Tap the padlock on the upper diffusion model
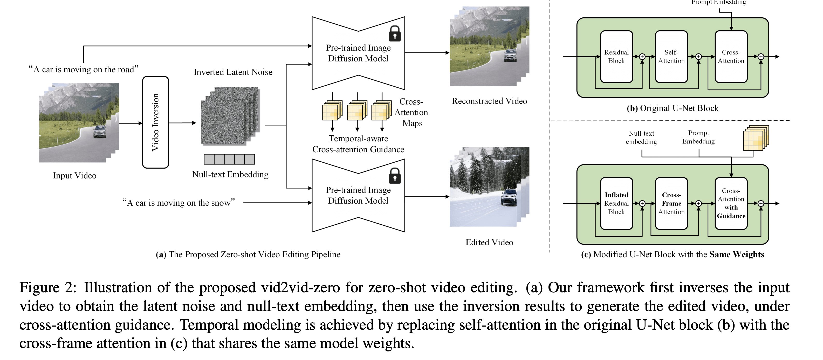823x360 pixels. click(x=395, y=33)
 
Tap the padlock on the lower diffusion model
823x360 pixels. click(x=395, y=176)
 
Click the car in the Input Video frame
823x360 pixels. click(x=100, y=131)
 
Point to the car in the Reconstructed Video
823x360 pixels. click(x=510, y=55)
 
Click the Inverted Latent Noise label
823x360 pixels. click(x=233, y=72)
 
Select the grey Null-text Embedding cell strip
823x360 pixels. click(x=229, y=159)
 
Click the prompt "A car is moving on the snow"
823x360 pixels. click(x=179, y=203)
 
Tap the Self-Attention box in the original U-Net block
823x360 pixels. click(x=671, y=57)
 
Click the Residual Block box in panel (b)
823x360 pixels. click(x=616, y=57)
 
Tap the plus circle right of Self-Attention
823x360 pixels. click(x=699, y=57)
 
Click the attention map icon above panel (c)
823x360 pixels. click(x=755, y=138)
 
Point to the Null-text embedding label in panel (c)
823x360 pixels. click(x=641, y=138)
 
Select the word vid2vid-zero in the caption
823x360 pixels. click(x=300, y=287)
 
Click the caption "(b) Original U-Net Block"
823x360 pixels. click(x=673, y=108)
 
